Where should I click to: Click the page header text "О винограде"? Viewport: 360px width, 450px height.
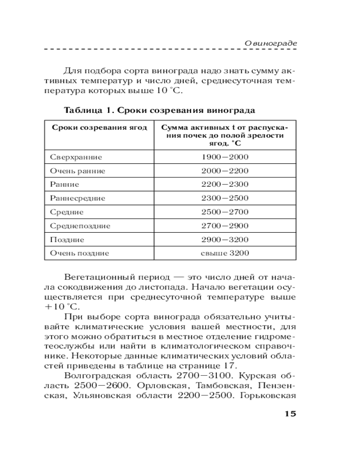click(x=271, y=43)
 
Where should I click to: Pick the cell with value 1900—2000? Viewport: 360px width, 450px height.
click(x=225, y=157)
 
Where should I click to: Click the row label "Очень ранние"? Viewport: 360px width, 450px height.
click(x=77, y=171)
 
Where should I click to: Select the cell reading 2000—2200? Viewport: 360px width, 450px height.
click(x=225, y=171)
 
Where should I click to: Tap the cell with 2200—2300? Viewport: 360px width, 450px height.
click(x=225, y=184)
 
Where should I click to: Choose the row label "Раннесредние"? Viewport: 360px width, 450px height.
click(x=77, y=198)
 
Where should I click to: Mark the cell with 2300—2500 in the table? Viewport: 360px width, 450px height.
click(x=225, y=198)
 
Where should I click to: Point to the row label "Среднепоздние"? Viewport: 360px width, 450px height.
click(x=80, y=225)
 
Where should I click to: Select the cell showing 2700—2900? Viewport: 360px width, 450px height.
click(x=225, y=225)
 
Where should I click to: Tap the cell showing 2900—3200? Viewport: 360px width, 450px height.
click(x=225, y=239)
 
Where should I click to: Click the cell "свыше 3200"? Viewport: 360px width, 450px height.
click(x=225, y=253)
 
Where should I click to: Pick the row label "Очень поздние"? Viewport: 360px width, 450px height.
click(x=79, y=253)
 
